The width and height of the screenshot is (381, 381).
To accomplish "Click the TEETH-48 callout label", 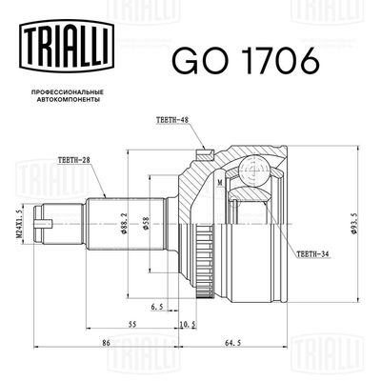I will (x=174, y=119).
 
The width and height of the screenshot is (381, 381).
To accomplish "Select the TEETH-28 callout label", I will (x=76, y=160).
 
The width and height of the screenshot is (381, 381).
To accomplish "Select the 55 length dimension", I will (x=131, y=325).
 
